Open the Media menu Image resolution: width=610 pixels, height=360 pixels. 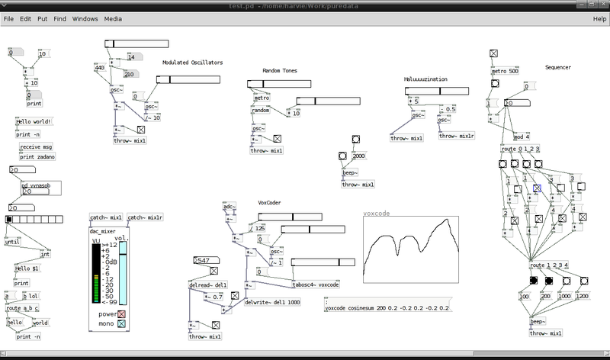(x=113, y=18)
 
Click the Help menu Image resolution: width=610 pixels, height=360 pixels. (x=599, y=18)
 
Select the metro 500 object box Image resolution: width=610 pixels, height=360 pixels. (x=503, y=72)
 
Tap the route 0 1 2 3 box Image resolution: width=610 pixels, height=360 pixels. (x=521, y=149)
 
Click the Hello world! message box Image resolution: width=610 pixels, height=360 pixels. (x=33, y=121)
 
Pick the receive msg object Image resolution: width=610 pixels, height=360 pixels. (x=36, y=146)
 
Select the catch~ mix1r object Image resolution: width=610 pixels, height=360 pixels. (x=145, y=217)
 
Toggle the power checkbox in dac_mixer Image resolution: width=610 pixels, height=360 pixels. (x=120, y=313)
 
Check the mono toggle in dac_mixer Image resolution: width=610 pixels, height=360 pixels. (x=120, y=323)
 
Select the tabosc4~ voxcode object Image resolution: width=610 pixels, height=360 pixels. (x=316, y=284)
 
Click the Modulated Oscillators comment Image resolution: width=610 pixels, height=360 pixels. (x=192, y=63)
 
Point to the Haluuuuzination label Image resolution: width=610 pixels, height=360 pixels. (x=425, y=79)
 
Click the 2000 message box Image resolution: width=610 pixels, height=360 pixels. (x=359, y=156)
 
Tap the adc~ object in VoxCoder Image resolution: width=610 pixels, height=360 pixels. (x=229, y=207)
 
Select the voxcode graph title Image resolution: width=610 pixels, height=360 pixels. (x=377, y=214)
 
